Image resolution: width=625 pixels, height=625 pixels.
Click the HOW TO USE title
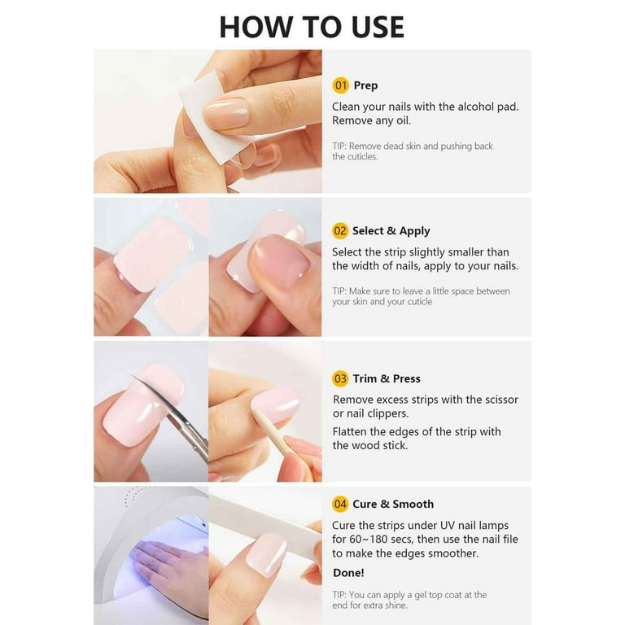coord(312,27)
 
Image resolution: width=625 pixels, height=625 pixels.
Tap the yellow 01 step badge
coord(340,85)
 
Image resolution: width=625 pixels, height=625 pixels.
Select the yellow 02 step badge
coord(340,231)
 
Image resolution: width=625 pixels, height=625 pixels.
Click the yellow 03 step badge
coord(340,378)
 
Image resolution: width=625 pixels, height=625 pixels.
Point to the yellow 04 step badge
coord(340,505)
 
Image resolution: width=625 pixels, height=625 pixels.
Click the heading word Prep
coord(365,85)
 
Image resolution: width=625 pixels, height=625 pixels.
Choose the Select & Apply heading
coord(391,231)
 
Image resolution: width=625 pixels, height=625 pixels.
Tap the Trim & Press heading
coord(386,378)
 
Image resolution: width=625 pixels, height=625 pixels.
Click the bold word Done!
coord(348,573)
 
